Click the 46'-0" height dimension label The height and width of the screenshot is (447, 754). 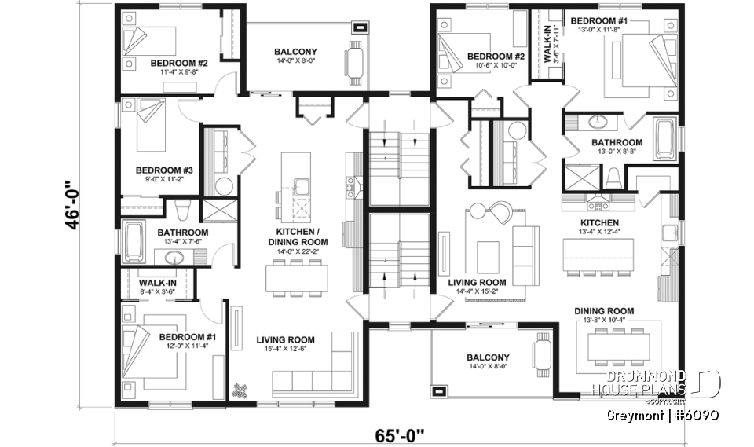coord(74,206)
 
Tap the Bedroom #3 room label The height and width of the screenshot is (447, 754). coord(159,174)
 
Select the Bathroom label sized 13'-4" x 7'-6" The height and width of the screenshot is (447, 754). coord(183,237)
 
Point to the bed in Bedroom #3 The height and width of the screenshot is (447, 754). coord(150,125)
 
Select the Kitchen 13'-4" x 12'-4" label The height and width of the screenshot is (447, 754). coord(599,226)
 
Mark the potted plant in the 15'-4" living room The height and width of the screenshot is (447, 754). coord(240,388)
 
